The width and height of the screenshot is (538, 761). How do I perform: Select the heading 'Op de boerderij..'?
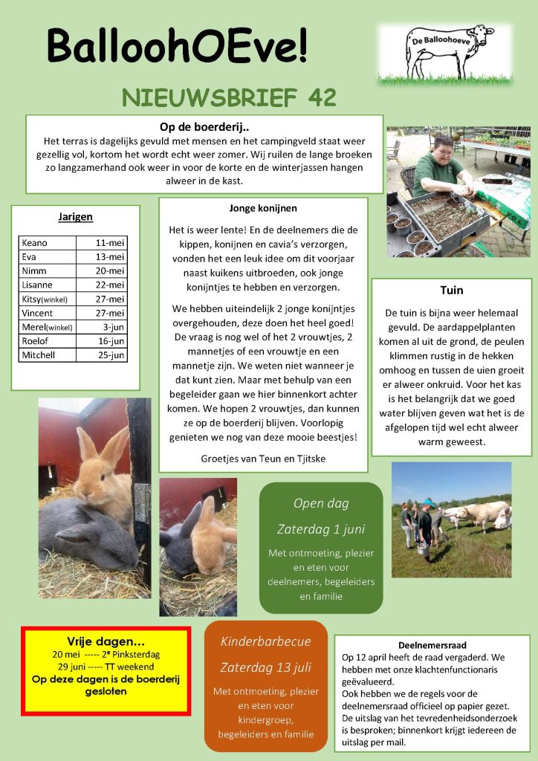pos(204,126)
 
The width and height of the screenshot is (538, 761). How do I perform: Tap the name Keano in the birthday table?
pos(35,243)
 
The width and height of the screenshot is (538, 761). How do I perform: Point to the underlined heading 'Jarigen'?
pos(75,217)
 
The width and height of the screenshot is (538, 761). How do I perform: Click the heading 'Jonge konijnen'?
pos(263,208)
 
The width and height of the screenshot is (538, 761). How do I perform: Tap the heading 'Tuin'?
pos(452,290)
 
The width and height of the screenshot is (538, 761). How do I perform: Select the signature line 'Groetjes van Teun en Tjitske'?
pos(263,459)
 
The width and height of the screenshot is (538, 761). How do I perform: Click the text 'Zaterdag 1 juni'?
pos(320,530)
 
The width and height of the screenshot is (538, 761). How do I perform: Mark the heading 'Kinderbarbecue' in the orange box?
pos(265,641)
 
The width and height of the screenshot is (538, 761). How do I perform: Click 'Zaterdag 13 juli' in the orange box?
pos(265,667)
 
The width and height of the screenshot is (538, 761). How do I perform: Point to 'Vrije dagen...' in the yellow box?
pos(106,641)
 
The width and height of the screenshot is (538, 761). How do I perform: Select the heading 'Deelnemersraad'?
pos(432,645)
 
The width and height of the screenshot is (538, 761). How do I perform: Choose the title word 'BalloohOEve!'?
pos(178,46)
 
